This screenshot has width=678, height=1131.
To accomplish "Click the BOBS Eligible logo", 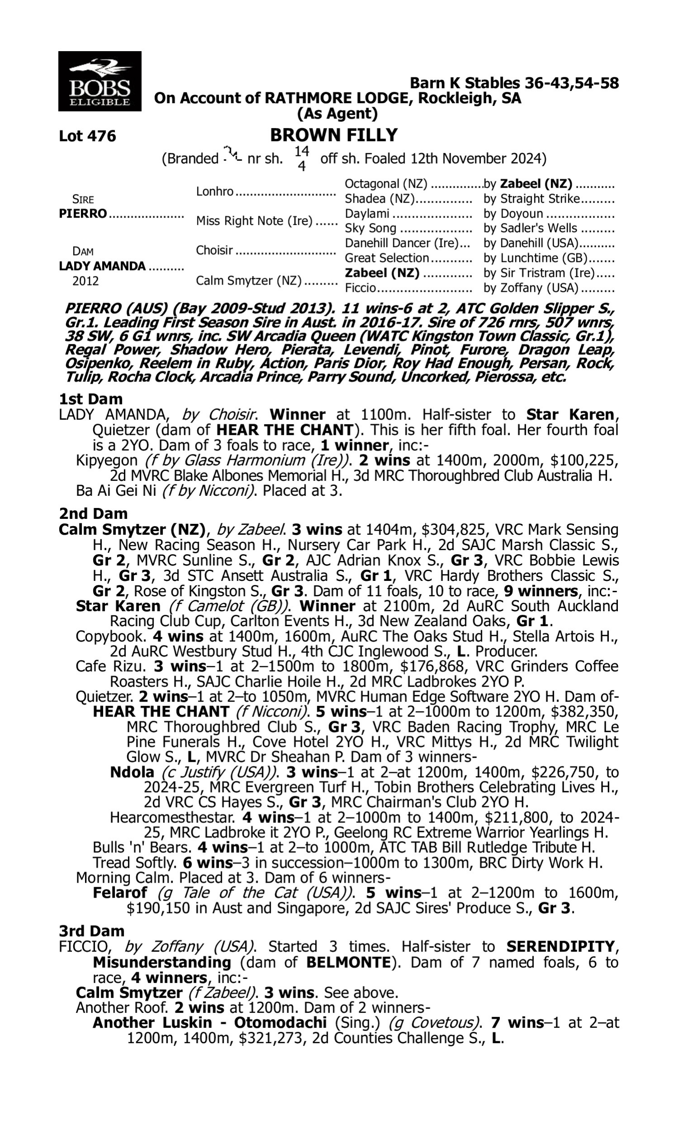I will click(99, 81).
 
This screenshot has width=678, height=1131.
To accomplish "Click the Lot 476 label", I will click(87, 136).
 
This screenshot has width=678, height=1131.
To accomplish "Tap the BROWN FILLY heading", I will click(334, 135).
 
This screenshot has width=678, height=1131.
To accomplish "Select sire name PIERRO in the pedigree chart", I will click(83, 214).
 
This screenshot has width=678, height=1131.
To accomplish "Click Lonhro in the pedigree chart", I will click(215, 191).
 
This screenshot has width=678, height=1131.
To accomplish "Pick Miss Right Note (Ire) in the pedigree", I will click(254, 221).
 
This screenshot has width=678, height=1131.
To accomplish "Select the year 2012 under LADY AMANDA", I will click(85, 280).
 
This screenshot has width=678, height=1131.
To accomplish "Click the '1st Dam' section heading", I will click(90, 399).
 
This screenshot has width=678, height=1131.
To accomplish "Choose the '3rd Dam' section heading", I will click(91, 931).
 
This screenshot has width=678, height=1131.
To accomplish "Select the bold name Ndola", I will click(132, 772).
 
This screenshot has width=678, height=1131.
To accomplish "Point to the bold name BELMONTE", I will click(348, 962).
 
